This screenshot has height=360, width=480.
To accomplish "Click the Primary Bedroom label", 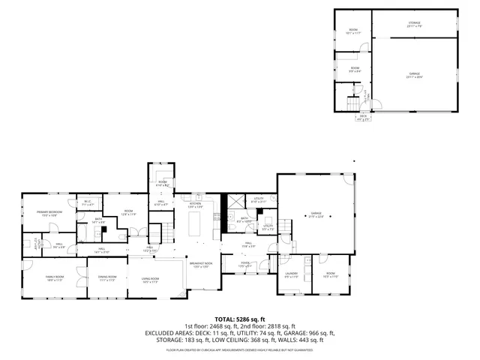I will [x=48, y=213].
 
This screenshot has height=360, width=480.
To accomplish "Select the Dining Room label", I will [x=107, y=278].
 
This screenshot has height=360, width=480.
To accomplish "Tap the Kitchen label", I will [x=196, y=204].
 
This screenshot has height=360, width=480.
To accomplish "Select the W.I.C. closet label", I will [x=88, y=202].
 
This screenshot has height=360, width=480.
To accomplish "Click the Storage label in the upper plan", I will [x=415, y=24].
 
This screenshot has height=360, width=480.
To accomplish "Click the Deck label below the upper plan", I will [x=363, y=116].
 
